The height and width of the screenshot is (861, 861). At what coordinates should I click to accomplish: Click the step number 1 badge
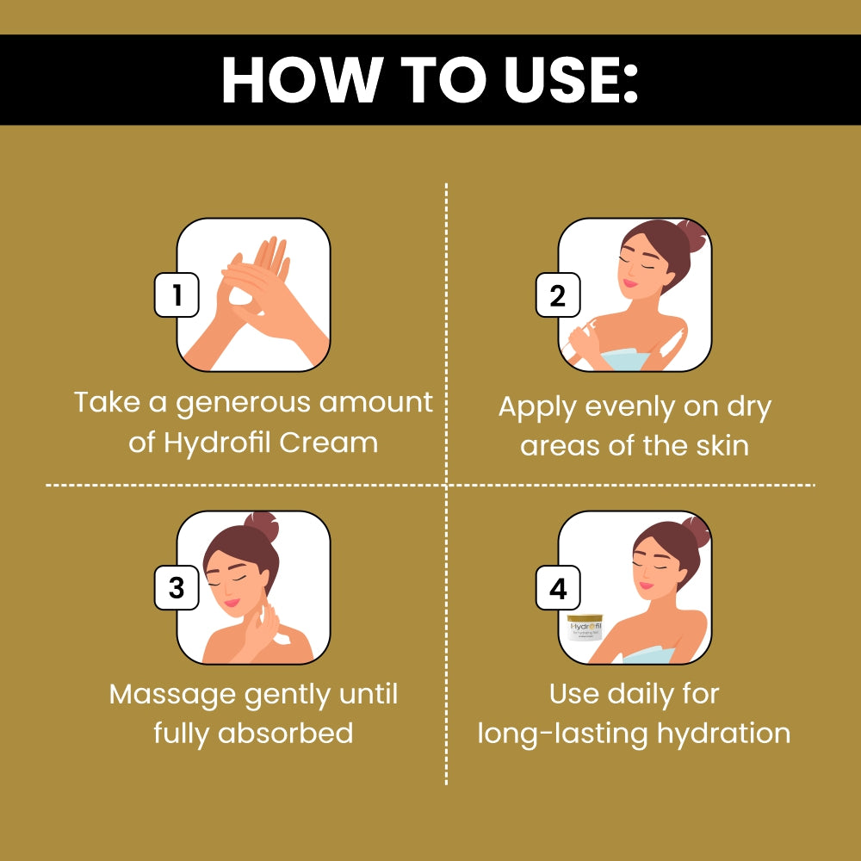[177, 296]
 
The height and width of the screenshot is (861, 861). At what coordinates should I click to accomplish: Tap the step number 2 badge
[558, 296]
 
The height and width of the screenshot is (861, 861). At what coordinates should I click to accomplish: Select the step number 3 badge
[177, 589]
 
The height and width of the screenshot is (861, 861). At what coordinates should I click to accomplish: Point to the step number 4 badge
[558, 589]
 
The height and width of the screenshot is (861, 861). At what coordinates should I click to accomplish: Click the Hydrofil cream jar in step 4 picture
[585, 637]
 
